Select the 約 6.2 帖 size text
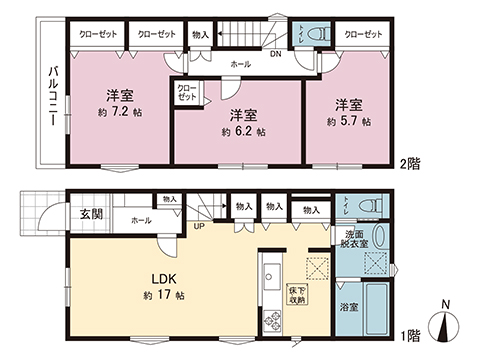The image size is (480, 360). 243,130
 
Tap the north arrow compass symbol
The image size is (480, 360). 445,326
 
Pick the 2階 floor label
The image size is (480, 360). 409,162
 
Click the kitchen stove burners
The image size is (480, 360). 272,321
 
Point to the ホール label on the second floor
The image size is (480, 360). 241,62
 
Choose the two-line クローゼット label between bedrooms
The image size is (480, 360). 188,93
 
